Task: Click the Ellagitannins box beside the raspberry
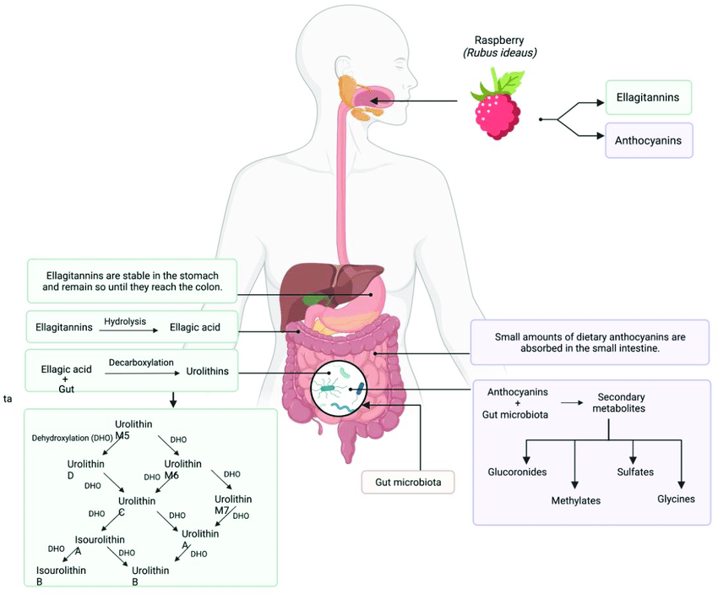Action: (x=649, y=97)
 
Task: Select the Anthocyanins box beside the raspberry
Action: (x=649, y=140)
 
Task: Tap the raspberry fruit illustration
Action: (x=498, y=114)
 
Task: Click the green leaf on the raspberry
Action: (x=509, y=81)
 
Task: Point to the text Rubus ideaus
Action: (x=499, y=53)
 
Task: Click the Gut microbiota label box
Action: (x=408, y=483)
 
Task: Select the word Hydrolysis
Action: (x=125, y=321)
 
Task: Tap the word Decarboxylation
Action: (x=141, y=363)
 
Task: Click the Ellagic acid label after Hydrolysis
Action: (x=195, y=327)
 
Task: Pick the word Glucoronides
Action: (x=517, y=472)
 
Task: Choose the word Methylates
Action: (x=575, y=500)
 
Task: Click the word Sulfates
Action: (x=635, y=472)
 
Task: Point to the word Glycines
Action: (x=676, y=499)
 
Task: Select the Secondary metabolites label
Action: (x=619, y=402)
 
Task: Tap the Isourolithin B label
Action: (x=61, y=576)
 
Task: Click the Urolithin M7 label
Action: (x=232, y=505)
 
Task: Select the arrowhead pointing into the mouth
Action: (x=374, y=101)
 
